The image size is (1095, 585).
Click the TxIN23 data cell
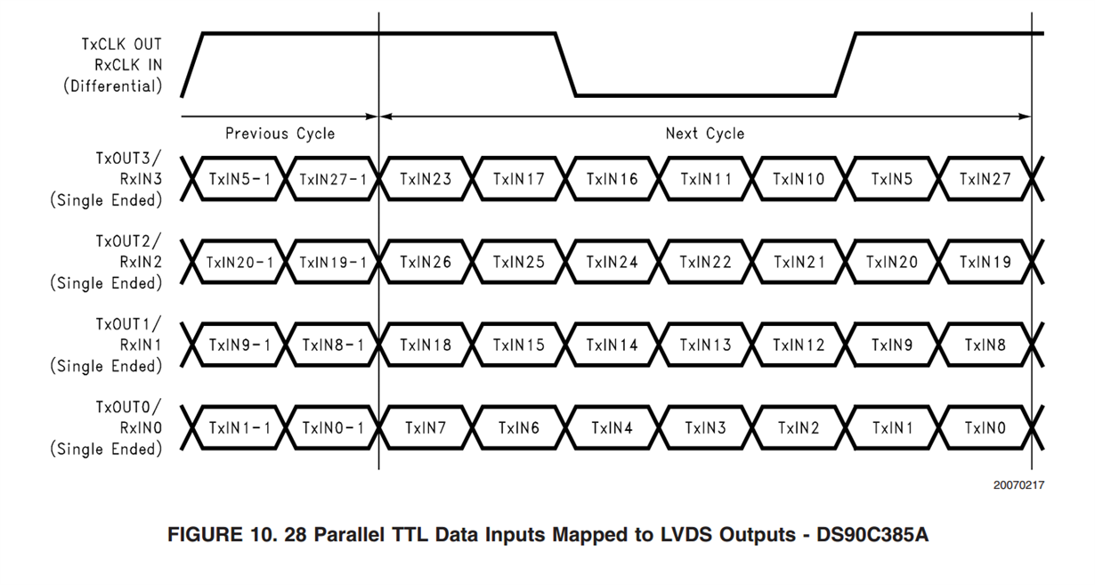coord(426,179)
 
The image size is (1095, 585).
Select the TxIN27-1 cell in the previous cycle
coord(332,179)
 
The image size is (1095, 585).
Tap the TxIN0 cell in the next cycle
coord(985,428)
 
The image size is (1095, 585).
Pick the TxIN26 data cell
coord(426,262)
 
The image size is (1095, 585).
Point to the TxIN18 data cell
coord(426,345)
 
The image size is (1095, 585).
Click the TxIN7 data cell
coord(426,428)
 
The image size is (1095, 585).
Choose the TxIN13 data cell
coord(705,345)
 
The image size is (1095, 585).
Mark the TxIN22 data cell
coord(705,262)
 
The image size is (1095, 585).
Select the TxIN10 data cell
coord(799,179)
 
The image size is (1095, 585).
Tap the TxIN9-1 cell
coord(239,345)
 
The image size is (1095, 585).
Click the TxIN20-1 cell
coord(239,262)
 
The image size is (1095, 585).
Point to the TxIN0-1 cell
coord(332,428)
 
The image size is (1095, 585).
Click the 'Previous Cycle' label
coord(280,134)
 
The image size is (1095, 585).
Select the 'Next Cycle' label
coord(704,134)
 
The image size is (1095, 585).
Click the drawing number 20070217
coord(1018,485)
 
